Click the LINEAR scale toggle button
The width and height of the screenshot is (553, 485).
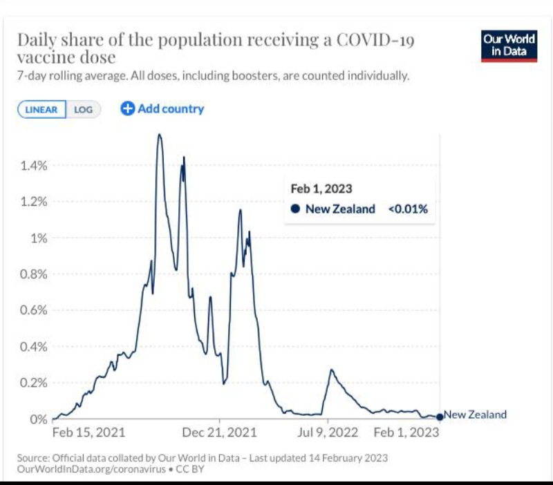[41, 109]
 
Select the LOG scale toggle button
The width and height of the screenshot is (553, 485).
[83, 109]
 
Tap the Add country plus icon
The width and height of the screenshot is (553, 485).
[127, 108]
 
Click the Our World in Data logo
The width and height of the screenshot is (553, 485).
[509, 46]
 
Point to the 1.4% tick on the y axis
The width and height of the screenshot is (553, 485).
[34, 165]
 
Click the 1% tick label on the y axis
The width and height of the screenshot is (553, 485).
[39, 238]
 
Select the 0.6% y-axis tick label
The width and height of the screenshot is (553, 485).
[34, 310]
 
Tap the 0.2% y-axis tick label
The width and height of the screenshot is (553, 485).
[34, 382]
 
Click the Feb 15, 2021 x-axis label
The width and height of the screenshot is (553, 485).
[88, 433]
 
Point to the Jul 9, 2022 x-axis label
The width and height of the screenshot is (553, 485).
[328, 433]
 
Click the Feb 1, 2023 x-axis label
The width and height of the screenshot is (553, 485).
[405, 433]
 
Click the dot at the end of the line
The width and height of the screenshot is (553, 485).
[440, 417]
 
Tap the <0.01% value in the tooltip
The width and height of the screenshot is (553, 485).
[408, 209]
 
